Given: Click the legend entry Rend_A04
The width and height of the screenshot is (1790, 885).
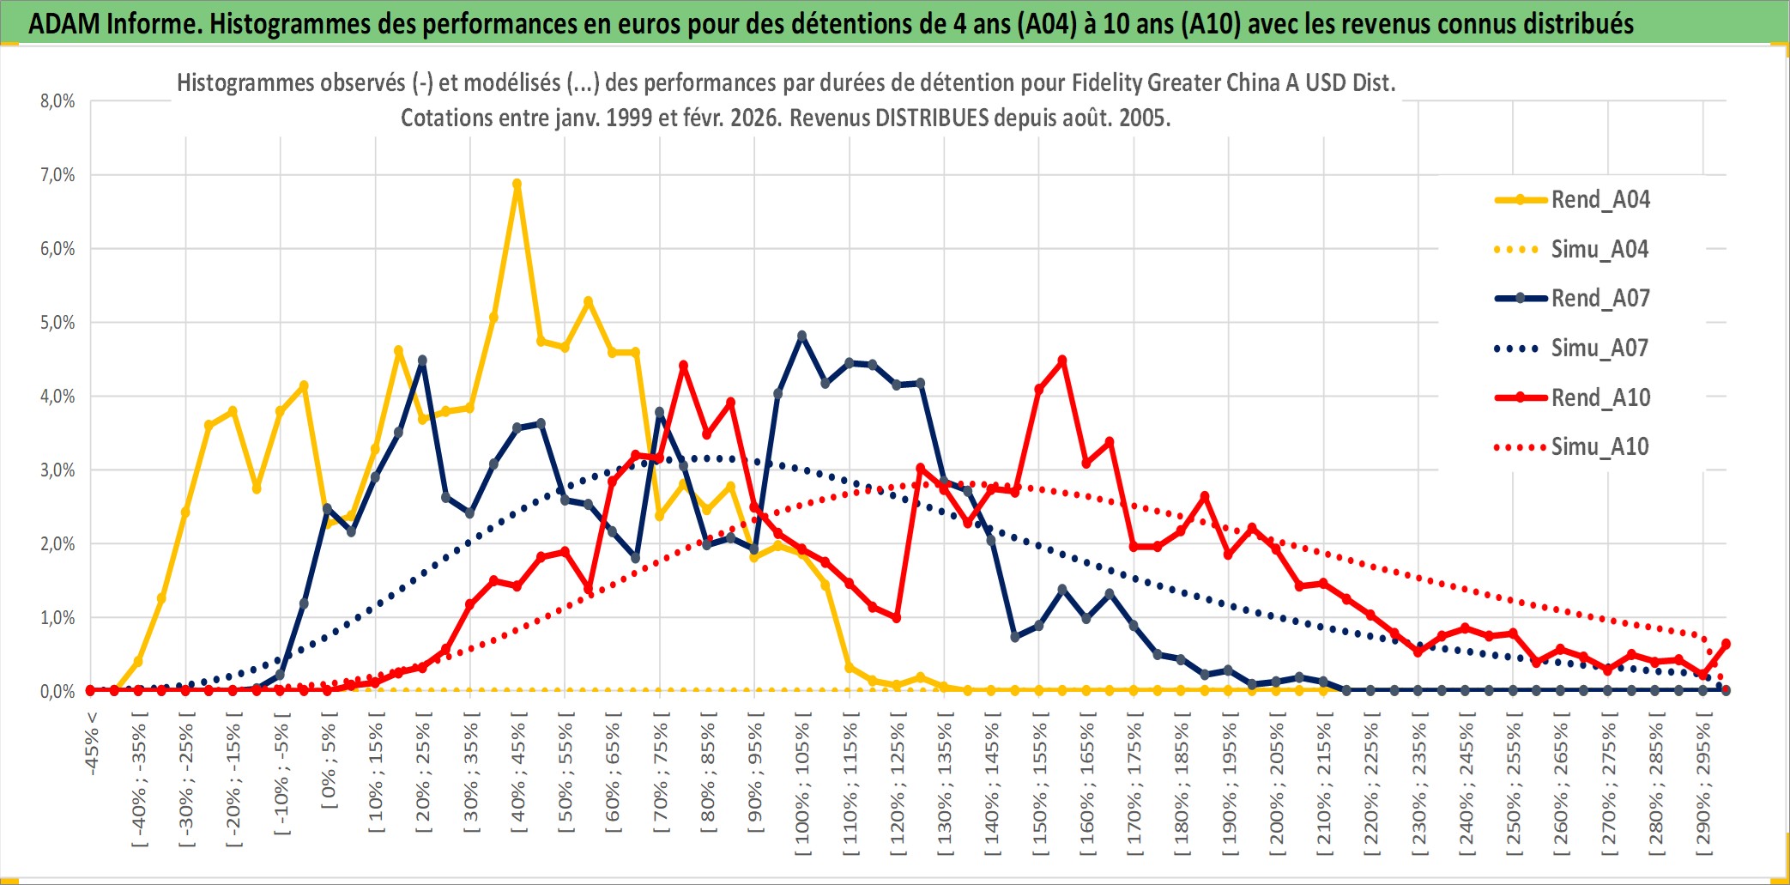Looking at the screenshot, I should pyautogui.click(x=1600, y=200).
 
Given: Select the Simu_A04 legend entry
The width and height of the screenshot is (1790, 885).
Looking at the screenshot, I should pyautogui.click(x=1600, y=250).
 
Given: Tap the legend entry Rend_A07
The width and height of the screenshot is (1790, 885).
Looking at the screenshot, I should pyautogui.click(x=1600, y=299).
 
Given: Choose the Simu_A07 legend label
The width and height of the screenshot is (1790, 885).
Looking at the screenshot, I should pyautogui.click(x=1600, y=349).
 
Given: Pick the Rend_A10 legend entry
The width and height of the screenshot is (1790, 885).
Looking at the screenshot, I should pyautogui.click(x=1600, y=398).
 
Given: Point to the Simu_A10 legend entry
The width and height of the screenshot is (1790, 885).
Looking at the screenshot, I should pyautogui.click(x=1600, y=447).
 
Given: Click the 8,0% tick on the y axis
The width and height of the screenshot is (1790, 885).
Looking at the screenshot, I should pyautogui.click(x=57, y=101).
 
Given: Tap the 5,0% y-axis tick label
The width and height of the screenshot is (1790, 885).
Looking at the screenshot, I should pyautogui.click(x=57, y=323).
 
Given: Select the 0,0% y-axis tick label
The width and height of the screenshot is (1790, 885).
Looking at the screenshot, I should pyautogui.click(x=57, y=692).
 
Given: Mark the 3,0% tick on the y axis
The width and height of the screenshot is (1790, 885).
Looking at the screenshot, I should pyautogui.click(x=57, y=470).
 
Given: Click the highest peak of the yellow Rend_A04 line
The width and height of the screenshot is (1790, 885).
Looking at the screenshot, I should pyautogui.click(x=517, y=184).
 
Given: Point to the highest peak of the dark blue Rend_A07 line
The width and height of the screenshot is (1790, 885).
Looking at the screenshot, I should pyautogui.click(x=801, y=336).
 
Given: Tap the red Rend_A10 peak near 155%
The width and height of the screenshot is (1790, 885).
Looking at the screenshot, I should pyautogui.click(x=1062, y=361).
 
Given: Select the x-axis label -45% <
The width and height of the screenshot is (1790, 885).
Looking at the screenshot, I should pyautogui.click(x=92, y=743).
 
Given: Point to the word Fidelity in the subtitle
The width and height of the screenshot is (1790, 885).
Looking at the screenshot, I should pyautogui.click(x=1106, y=83).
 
